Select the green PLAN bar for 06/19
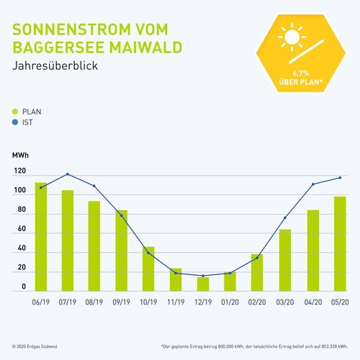(41, 237)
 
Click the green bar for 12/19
(203, 284)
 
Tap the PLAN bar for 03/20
(285, 260)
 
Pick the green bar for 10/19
(148, 269)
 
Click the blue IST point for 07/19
(68, 174)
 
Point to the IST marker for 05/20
(339, 178)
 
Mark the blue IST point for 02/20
(258, 258)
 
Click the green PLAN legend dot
(16, 112)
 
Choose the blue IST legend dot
(16, 122)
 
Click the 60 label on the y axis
(22, 229)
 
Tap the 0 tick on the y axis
(24, 287)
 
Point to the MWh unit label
(20, 156)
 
